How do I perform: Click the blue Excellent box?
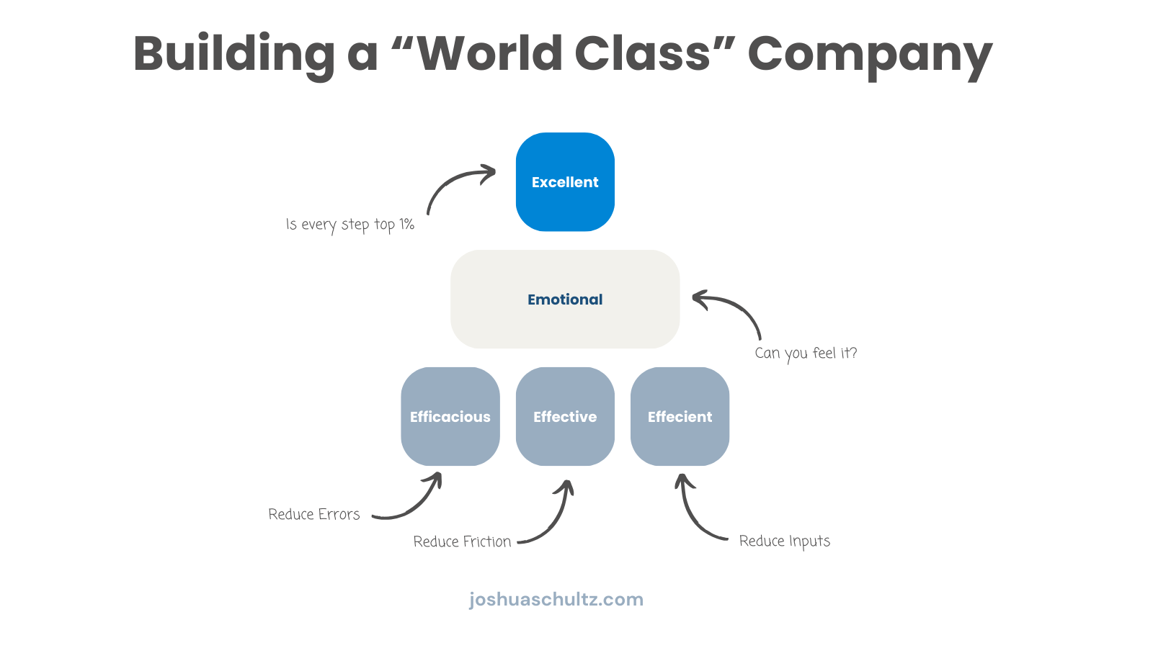click(565, 181)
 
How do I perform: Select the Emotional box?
click(565, 300)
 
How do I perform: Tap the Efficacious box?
click(450, 417)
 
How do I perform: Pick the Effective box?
click(565, 417)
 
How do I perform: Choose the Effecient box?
click(680, 417)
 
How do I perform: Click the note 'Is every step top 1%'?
click(350, 225)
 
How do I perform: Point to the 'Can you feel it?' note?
click(806, 354)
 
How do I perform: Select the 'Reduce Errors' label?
click(314, 514)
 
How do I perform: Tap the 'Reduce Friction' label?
click(462, 541)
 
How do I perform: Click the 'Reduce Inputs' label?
click(785, 541)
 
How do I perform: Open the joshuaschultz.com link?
click(556, 599)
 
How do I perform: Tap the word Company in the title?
click(870, 54)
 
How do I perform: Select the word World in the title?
click(490, 54)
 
